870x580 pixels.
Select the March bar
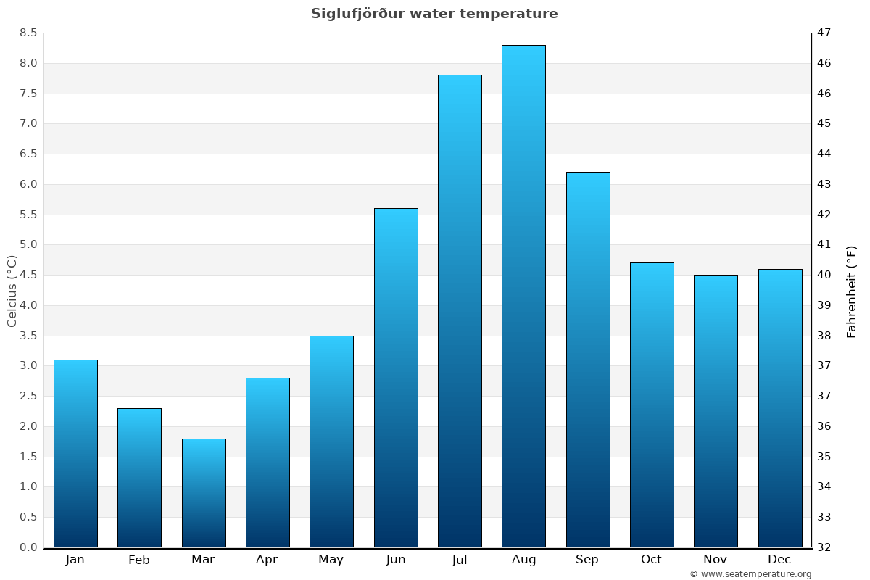coord(204,493)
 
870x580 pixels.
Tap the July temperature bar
coord(460,311)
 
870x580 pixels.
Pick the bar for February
coord(139,478)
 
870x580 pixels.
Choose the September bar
coord(588,360)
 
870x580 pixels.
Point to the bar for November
coord(716,411)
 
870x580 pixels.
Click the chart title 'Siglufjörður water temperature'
coord(434,14)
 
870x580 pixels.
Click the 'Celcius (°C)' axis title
coord(12,291)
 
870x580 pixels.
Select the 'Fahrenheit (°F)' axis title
coord(851,291)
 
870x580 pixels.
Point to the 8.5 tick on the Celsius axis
coord(28,33)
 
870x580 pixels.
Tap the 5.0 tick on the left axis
coord(28,244)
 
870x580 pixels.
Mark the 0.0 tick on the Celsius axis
coord(28,547)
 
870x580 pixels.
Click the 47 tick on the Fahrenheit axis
coord(824,33)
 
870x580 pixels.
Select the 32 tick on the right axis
coord(824,547)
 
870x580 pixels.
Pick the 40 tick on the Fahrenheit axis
coord(824,275)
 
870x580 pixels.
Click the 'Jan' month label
coord(75,560)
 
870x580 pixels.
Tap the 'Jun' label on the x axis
coord(396,560)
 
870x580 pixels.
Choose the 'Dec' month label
coord(779,560)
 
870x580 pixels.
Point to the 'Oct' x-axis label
coord(651,560)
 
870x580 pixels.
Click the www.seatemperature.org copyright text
coord(750,574)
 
